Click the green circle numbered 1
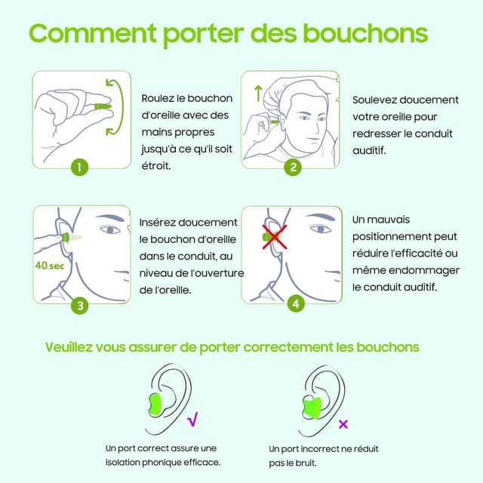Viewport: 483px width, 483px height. pos(79,167)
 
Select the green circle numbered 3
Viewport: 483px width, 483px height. pos(79,305)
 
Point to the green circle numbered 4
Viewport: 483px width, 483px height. pos(295,303)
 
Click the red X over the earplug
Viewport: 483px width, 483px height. pos(273,237)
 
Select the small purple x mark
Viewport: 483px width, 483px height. pos(343,423)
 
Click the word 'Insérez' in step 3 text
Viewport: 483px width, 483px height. pos(160,223)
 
